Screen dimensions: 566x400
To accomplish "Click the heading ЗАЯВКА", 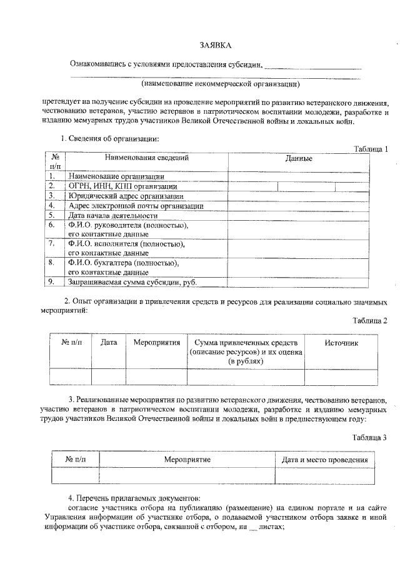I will [215, 46].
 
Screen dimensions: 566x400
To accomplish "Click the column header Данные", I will [299, 159].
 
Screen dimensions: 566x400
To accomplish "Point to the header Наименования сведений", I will [146, 158].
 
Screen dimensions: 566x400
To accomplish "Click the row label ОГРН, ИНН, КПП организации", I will [122, 186].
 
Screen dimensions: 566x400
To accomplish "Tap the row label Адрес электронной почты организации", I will [135, 205].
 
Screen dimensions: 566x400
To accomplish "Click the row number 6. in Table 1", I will [52, 225].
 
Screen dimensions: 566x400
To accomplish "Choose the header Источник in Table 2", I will [341, 343].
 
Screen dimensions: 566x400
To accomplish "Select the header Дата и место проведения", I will [324, 460].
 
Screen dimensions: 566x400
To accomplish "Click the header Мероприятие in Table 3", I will [187, 460].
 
